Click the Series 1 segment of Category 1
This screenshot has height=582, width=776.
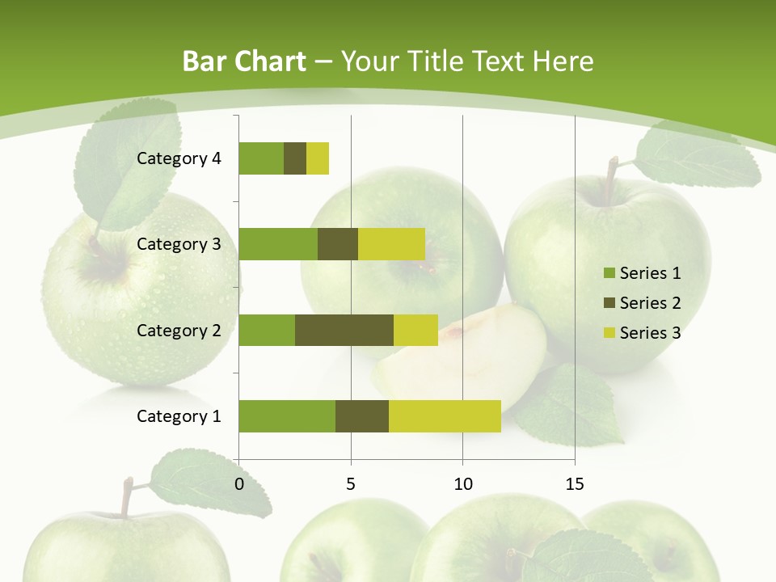click(287, 415)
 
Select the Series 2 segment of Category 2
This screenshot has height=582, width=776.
click(344, 330)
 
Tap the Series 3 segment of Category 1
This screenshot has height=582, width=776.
click(445, 415)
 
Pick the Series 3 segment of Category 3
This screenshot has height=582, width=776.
click(391, 244)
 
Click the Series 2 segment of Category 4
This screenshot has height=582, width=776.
click(295, 158)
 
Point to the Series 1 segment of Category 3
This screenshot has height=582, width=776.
click(278, 244)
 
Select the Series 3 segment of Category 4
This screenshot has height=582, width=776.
click(318, 158)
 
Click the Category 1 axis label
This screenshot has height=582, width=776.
click(179, 416)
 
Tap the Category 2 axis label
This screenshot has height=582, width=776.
click(179, 331)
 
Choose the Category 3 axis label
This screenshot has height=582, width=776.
click(179, 244)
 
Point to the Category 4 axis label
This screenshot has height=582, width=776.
click(179, 158)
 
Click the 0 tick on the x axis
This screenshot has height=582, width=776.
click(238, 484)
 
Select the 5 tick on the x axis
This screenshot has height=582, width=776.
click(351, 484)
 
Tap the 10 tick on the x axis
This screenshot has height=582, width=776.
click(462, 484)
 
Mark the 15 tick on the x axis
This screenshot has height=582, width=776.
click(575, 484)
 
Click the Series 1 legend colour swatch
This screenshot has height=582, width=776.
click(609, 273)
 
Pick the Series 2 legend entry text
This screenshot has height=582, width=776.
click(650, 303)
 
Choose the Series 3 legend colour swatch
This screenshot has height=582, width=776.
click(609, 333)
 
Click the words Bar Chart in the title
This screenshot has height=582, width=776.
click(244, 61)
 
